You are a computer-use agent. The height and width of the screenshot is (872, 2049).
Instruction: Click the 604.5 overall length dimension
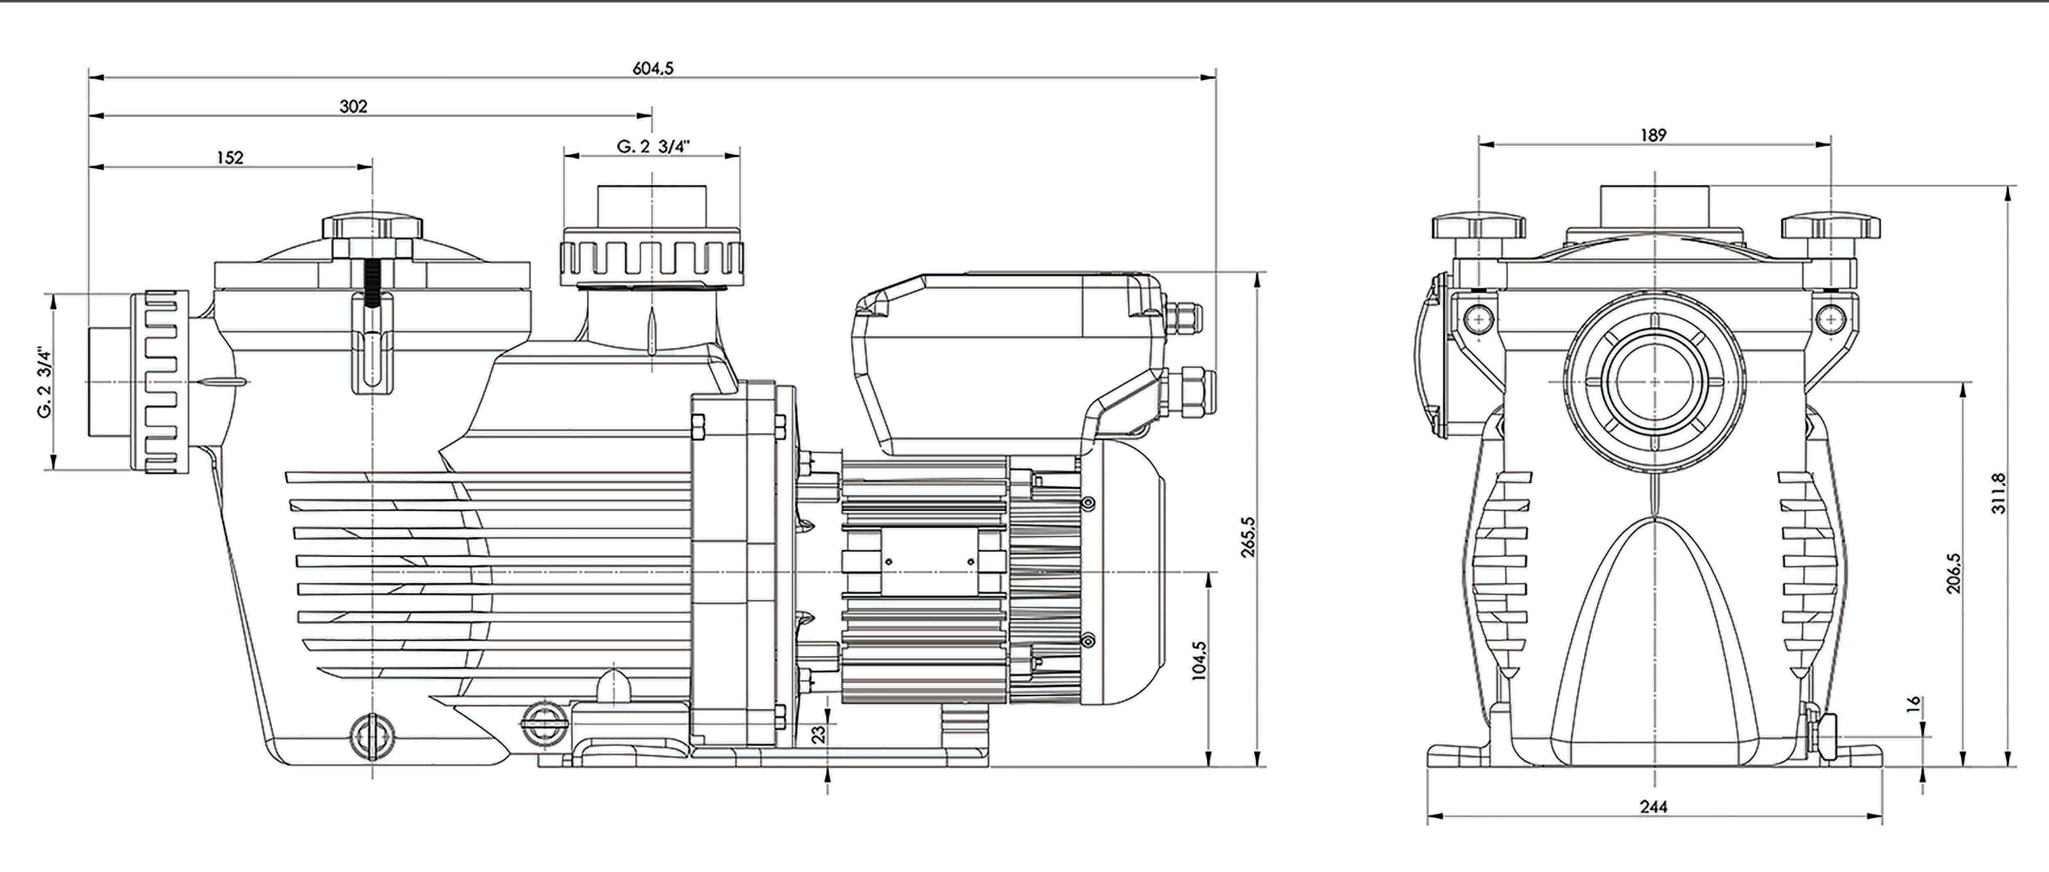click(x=652, y=68)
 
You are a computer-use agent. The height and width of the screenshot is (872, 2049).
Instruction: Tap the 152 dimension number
click(x=230, y=157)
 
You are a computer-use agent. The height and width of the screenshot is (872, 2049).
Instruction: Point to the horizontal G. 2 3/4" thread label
click(x=652, y=147)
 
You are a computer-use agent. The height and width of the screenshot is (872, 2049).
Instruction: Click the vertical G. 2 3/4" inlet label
click(x=45, y=382)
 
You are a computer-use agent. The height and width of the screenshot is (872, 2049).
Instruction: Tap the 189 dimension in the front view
click(x=1653, y=135)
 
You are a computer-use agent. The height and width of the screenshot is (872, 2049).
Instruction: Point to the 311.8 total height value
click(x=1998, y=493)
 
